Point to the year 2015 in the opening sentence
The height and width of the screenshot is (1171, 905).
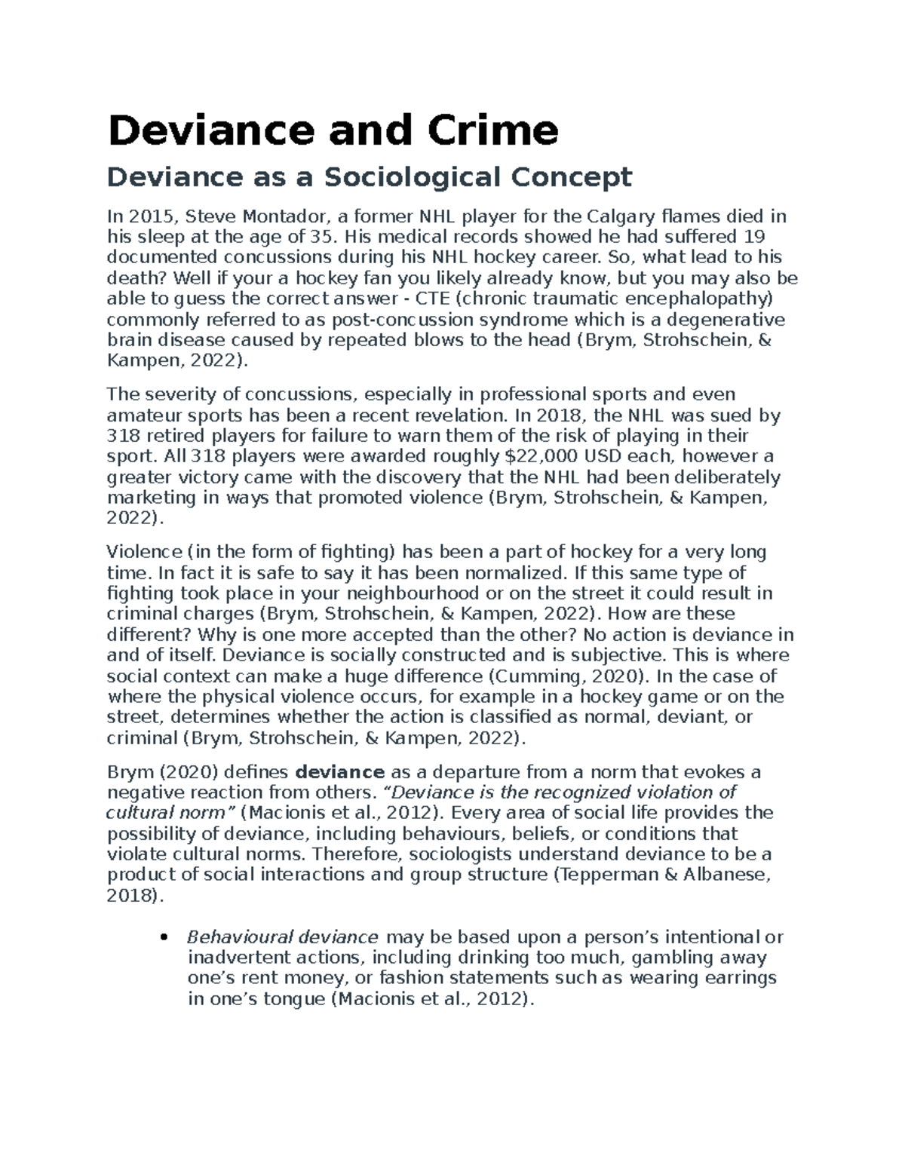[149, 217]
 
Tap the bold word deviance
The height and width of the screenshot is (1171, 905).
[340, 772]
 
